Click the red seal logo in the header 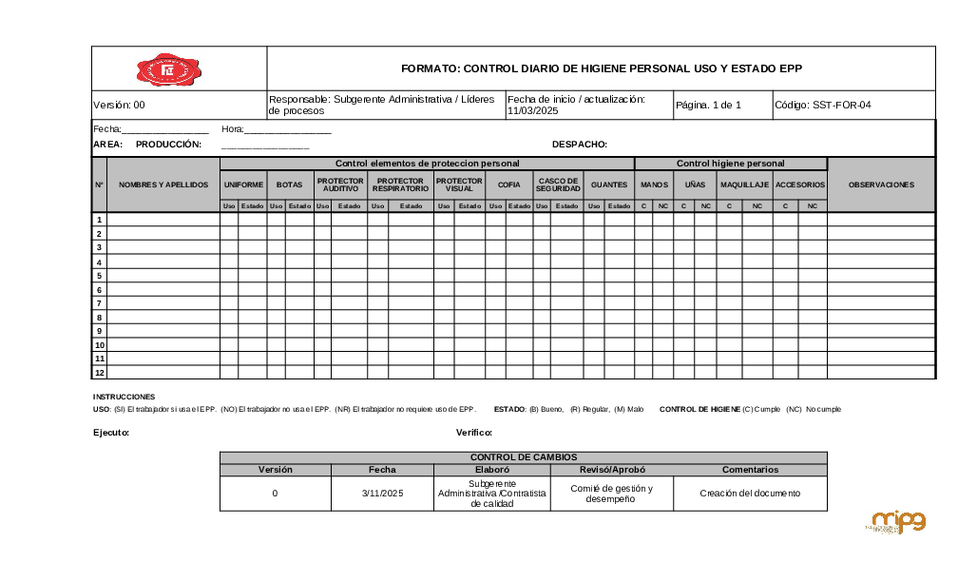(x=170, y=69)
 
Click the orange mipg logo (x=897, y=522)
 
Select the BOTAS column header (x=290, y=184)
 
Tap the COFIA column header (x=508, y=184)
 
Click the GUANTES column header (x=608, y=184)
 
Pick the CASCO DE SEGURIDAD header (x=558, y=184)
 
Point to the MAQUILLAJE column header (x=744, y=184)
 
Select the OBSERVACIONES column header (x=881, y=184)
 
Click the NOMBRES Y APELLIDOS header (x=163, y=184)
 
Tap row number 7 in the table (x=99, y=303)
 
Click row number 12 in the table (x=99, y=373)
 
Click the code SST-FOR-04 (x=842, y=106)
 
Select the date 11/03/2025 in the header (x=532, y=111)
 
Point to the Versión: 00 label (x=119, y=106)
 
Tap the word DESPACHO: (x=579, y=145)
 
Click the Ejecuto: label (x=111, y=433)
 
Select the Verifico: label (x=474, y=433)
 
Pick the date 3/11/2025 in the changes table (x=382, y=494)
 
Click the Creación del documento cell (x=750, y=494)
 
